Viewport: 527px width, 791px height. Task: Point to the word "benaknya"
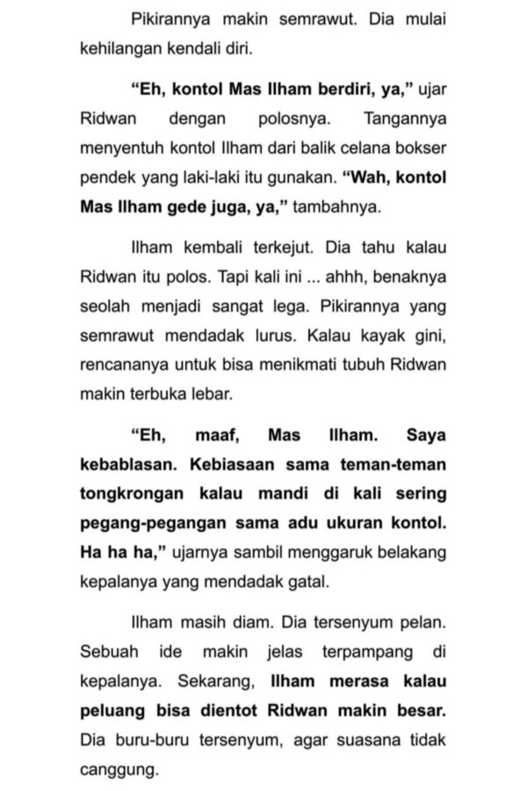tap(412, 279)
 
